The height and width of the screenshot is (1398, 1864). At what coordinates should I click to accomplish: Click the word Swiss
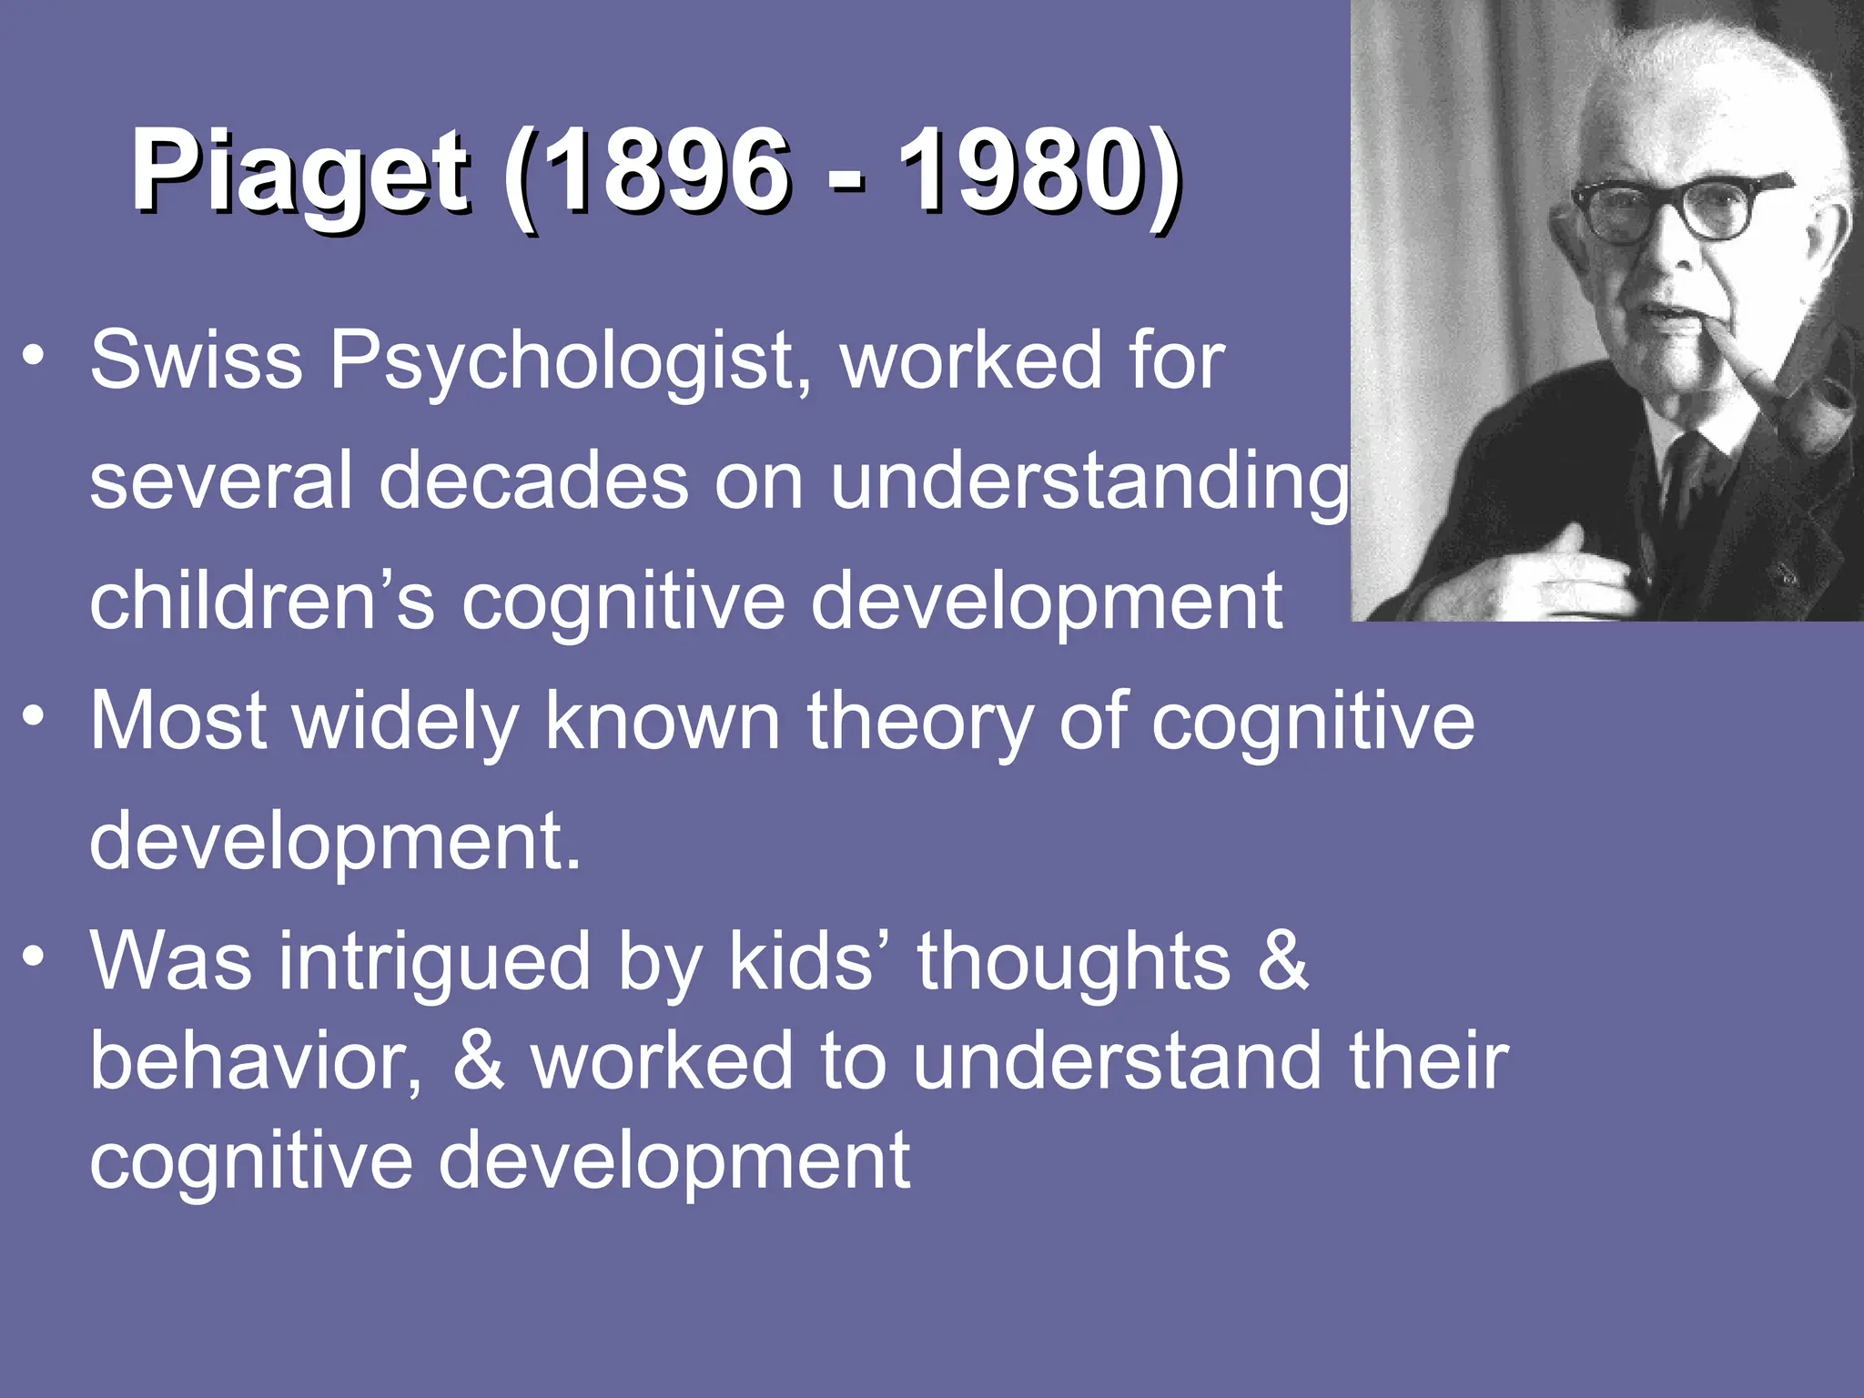point(196,360)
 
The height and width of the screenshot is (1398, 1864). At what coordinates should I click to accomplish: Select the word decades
point(532,481)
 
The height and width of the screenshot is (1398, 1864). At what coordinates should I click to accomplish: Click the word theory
point(919,721)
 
